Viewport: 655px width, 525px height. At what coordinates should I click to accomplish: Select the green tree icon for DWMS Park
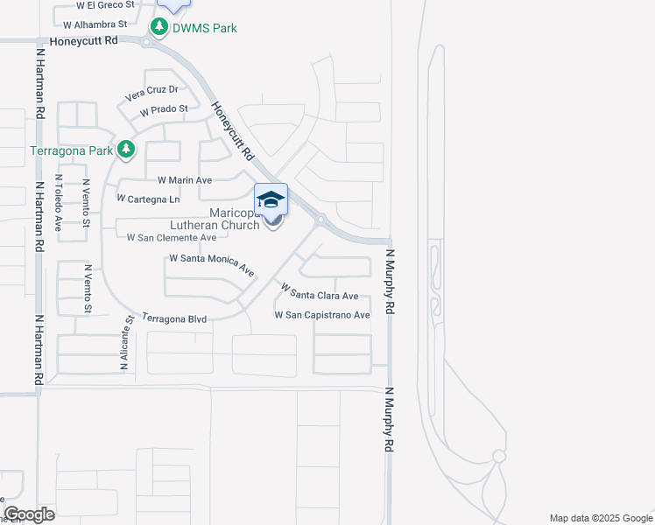tap(158, 28)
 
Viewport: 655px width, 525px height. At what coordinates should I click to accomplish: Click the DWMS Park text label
tap(204, 28)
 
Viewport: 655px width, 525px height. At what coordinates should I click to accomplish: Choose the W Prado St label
tap(164, 109)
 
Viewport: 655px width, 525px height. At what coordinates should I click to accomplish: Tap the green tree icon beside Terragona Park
tap(126, 150)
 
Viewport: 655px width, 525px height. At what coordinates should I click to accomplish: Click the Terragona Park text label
tap(72, 150)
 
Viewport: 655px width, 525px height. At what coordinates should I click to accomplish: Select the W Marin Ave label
tap(185, 180)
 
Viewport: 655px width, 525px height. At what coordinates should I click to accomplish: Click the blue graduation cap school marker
tap(271, 200)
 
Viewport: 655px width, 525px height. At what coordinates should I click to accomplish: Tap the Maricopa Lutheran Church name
tap(215, 219)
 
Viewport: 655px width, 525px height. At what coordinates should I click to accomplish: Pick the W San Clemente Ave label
tap(172, 237)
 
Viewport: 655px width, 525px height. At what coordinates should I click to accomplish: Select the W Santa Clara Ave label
tap(319, 290)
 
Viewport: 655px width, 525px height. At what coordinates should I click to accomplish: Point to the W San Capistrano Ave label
tap(322, 314)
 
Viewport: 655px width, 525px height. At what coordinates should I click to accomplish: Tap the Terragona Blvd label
tap(174, 319)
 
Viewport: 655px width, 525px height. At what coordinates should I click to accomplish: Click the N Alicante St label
tap(126, 344)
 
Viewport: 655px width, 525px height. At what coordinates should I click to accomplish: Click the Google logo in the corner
tap(29, 514)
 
